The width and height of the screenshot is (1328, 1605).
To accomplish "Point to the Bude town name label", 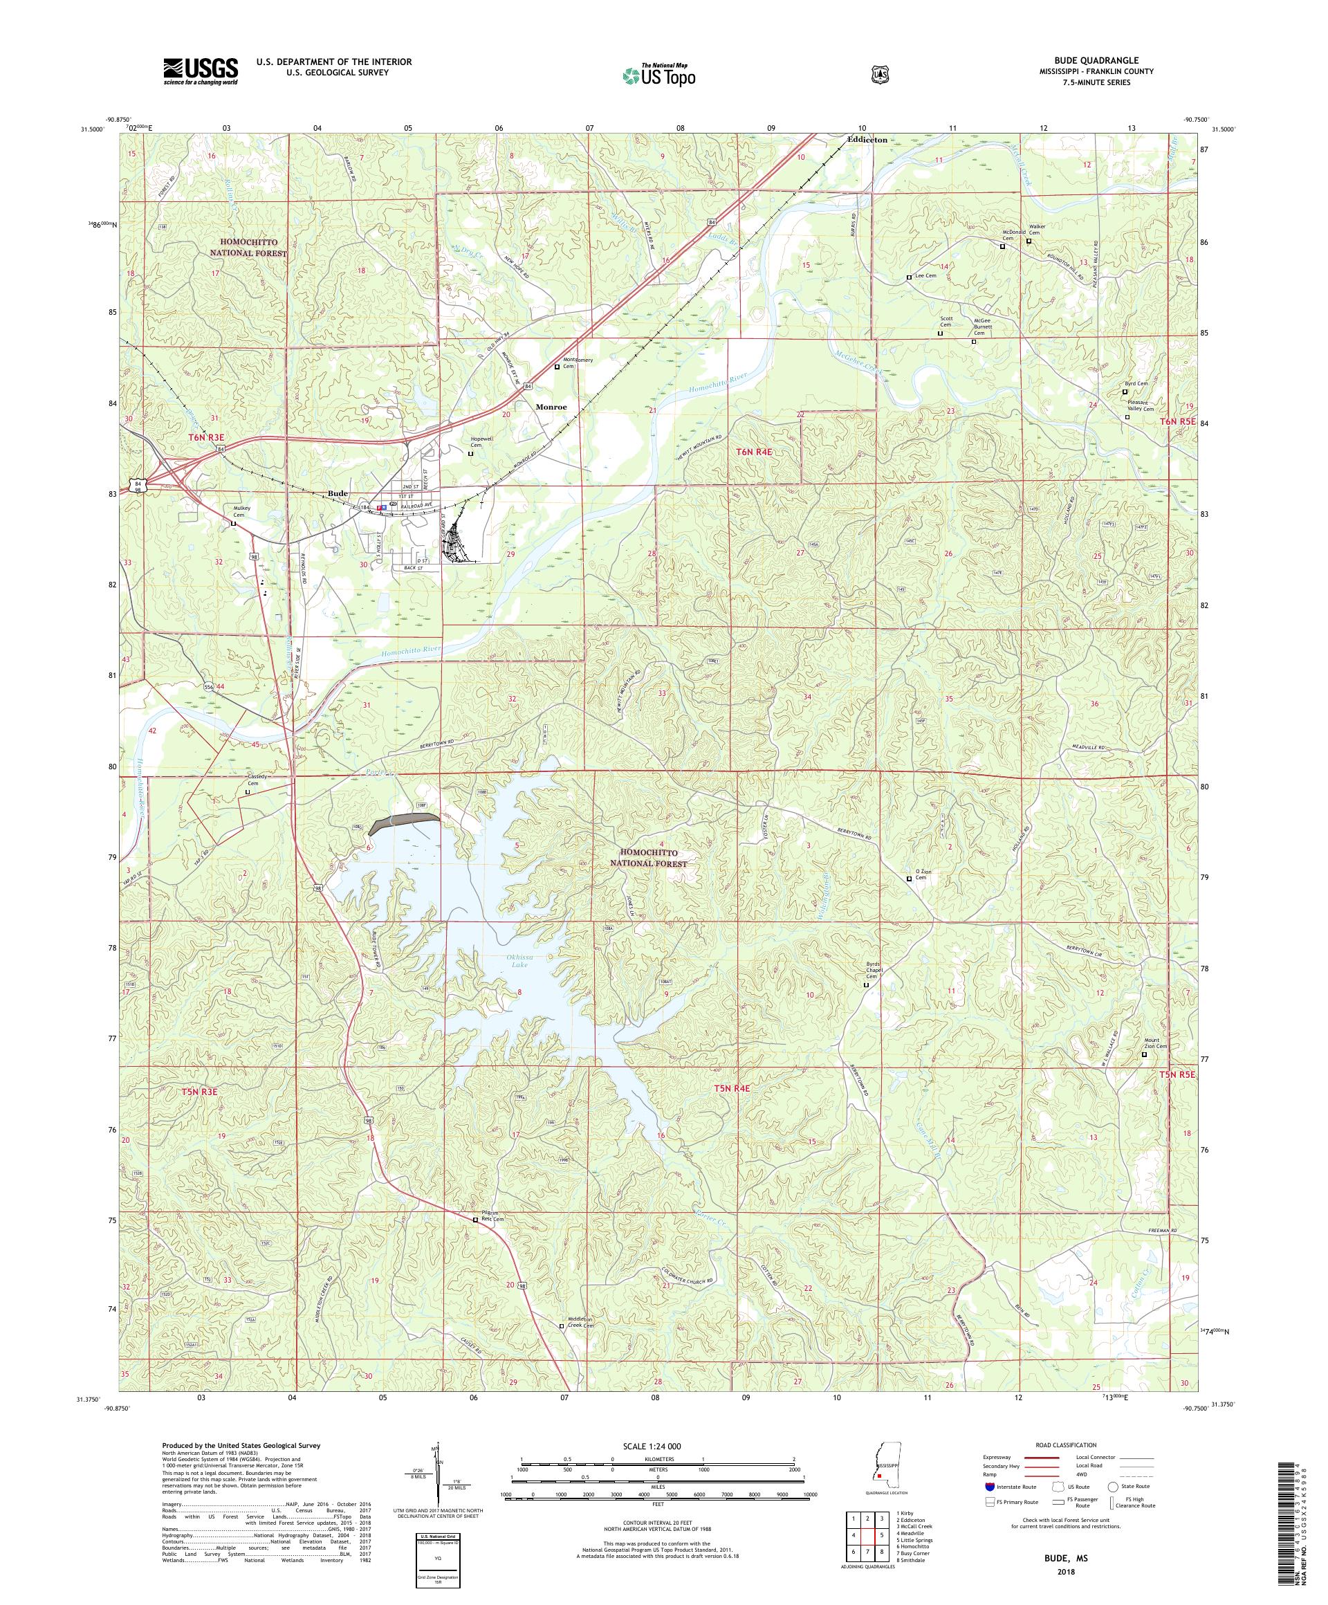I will [x=338, y=494].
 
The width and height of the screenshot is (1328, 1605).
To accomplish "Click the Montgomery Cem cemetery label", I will [x=578, y=363].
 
